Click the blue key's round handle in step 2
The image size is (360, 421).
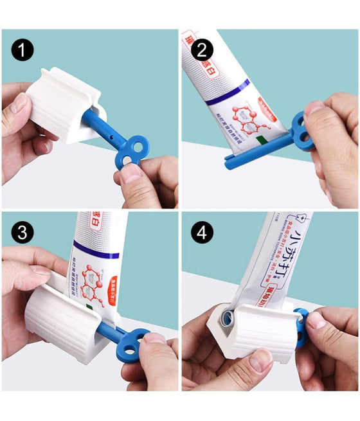(x=301, y=127)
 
